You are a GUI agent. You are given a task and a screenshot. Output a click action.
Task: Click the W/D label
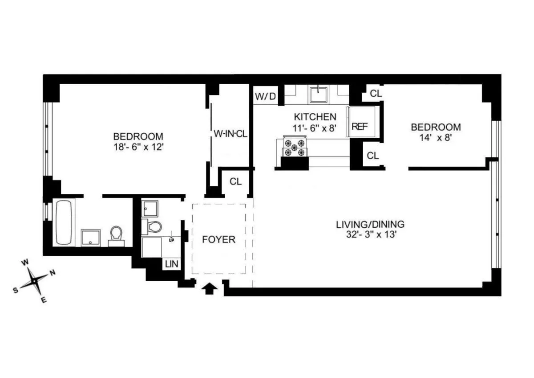[266, 96]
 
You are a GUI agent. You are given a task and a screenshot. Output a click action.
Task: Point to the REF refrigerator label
[359, 126]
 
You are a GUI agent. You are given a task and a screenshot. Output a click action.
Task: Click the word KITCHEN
[315, 117]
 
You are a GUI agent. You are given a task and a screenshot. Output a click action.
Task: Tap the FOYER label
[218, 239]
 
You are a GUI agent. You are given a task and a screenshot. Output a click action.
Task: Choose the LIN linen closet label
[172, 264]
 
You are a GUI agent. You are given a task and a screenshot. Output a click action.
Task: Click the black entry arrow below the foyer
[210, 289]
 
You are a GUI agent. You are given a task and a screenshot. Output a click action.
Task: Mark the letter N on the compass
[52, 273]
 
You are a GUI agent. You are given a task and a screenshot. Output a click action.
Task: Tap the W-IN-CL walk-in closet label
[230, 134]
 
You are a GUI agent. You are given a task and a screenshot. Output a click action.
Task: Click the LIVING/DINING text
[370, 224]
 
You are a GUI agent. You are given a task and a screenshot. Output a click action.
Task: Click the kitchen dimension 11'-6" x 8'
[315, 127]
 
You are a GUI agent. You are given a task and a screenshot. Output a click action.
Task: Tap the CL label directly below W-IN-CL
[235, 181]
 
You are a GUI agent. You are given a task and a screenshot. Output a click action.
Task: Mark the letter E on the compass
[44, 300]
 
